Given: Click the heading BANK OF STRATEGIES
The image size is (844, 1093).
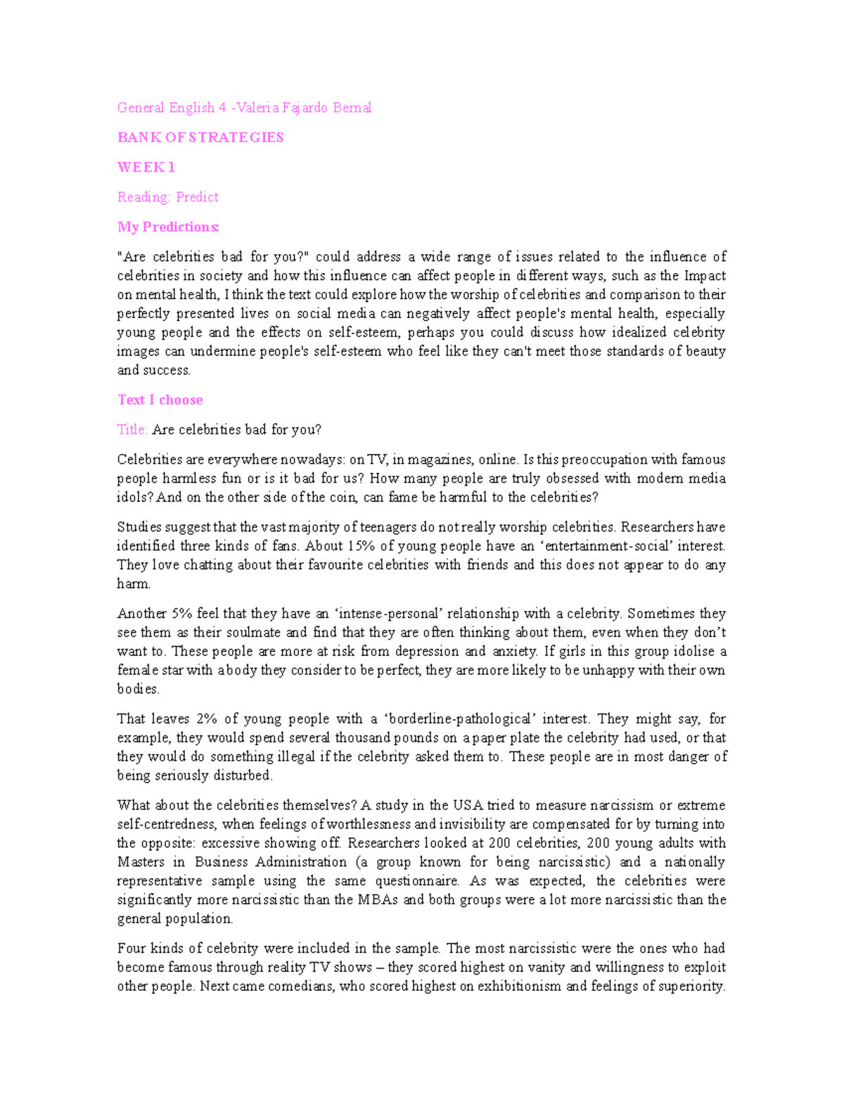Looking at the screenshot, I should pyautogui.click(x=200, y=137).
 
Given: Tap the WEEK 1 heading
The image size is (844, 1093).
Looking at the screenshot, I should pyautogui.click(x=146, y=168).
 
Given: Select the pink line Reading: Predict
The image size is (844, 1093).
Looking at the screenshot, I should pyautogui.click(x=168, y=197).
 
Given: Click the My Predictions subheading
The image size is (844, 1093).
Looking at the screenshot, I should pyautogui.click(x=168, y=227).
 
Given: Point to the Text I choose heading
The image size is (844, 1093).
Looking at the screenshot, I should pyautogui.click(x=160, y=400).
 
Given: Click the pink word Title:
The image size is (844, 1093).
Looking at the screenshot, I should pyautogui.click(x=132, y=429).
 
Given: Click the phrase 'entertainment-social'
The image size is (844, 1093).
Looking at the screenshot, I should pyautogui.click(x=595, y=546).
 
